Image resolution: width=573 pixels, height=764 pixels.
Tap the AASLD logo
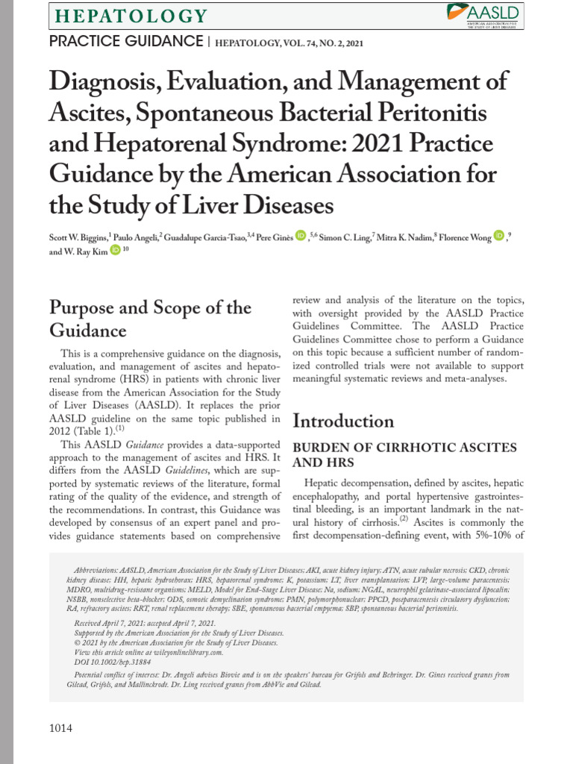click(484, 14)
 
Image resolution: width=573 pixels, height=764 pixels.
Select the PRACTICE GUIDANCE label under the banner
click(125, 41)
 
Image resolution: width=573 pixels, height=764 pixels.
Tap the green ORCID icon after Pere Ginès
click(301, 237)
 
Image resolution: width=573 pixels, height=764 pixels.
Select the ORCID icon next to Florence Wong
click(498, 237)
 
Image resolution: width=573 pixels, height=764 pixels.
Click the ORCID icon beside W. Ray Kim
click(115, 251)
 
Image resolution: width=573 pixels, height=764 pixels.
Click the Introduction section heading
click(343, 421)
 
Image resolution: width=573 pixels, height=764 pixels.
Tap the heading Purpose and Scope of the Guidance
click(149, 319)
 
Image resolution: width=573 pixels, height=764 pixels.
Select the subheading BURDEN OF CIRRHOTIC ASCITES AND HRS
click(404, 454)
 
